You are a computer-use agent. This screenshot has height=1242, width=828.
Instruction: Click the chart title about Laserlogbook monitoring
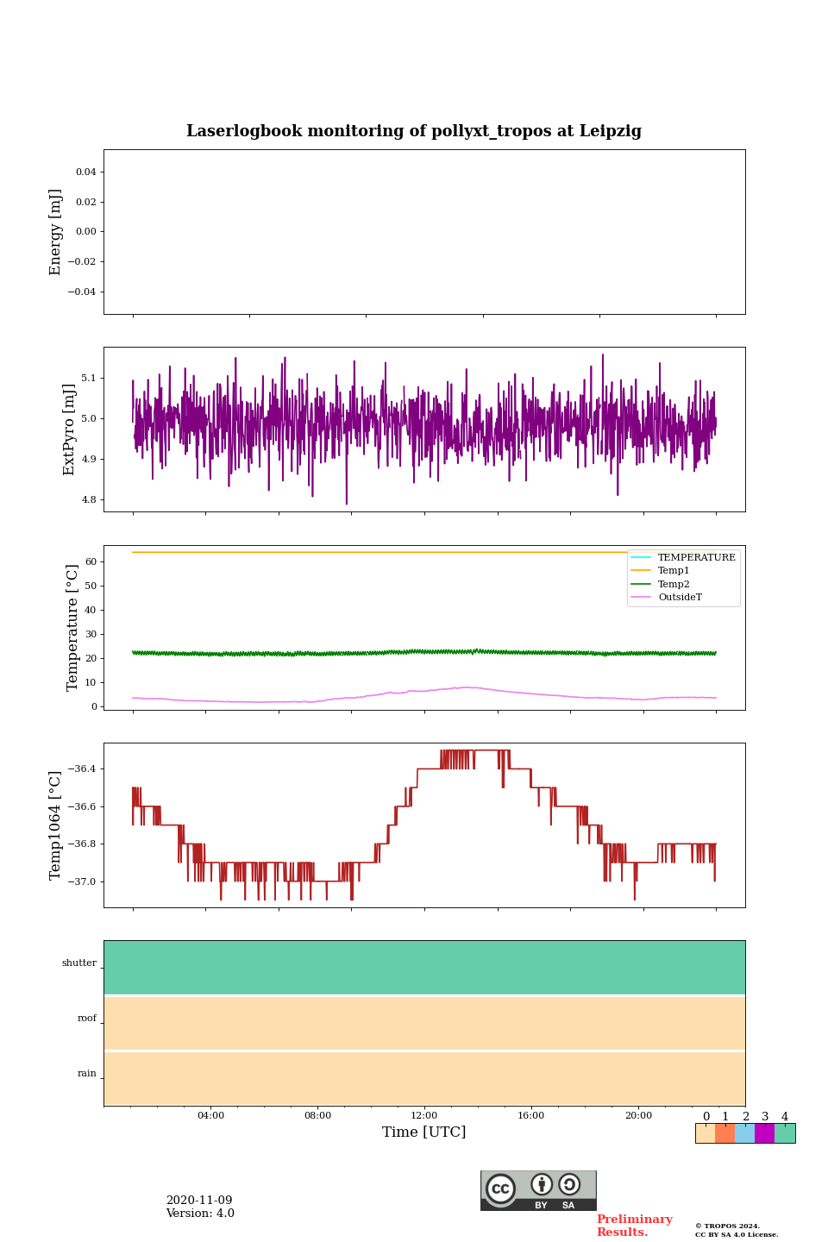click(414, 131)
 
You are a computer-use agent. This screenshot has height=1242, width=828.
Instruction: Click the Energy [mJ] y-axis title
click(56, 232)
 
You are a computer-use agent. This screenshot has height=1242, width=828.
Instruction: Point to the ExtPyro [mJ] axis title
click(70, 430)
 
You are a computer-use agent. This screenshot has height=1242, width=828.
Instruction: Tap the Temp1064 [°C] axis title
click(56, 825)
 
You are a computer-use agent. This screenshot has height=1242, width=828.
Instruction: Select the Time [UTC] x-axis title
click(423, 1132)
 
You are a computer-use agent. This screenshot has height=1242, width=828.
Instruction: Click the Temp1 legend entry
click(674, 571)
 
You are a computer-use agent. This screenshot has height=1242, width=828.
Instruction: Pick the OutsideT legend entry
click(680, 598)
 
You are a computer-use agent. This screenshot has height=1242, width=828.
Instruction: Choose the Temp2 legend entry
click(674, 584)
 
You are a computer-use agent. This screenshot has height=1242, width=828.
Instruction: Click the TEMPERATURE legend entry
click(696, 557)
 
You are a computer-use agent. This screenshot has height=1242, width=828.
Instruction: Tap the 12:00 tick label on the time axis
click(423, 1115)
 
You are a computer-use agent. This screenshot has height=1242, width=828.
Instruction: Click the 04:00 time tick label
click(210, 1115)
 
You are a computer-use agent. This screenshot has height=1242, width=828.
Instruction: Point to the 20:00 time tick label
click(638, 1115)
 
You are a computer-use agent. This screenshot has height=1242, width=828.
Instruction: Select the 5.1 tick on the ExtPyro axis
click(89, 378)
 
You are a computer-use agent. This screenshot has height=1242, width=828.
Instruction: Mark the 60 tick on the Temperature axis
click(91, 561)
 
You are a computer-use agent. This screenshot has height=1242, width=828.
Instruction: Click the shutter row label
click(79, 963)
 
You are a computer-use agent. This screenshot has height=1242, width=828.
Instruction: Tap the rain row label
click(87, 1074)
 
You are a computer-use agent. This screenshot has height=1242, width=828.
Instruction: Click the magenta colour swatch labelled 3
click(764, 1133)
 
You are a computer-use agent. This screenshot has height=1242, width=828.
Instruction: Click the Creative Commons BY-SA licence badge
click(538, 1190)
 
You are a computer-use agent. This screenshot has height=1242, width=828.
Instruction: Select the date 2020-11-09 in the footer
click(199, 1201)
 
